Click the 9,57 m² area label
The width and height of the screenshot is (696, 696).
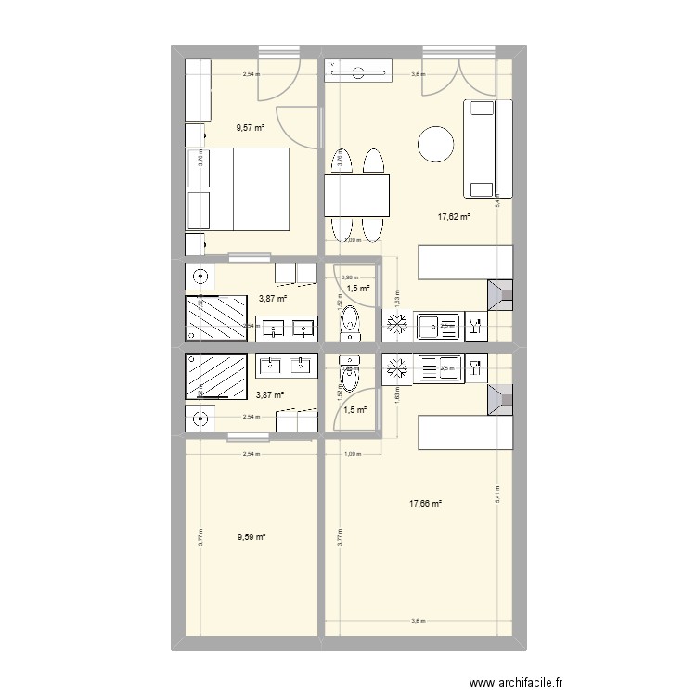click(x=250, y=128)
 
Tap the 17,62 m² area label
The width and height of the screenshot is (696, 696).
click(x=454, y=216)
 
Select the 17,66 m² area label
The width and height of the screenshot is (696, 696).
click(x=425, y=504)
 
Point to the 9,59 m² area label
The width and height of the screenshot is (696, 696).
click(x=251, y=536)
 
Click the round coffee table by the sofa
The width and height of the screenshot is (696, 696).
click(x=437, y=143)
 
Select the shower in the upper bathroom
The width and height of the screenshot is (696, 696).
click(x=218, y=317)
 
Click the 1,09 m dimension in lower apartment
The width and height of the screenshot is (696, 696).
click(x=351, y=454)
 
